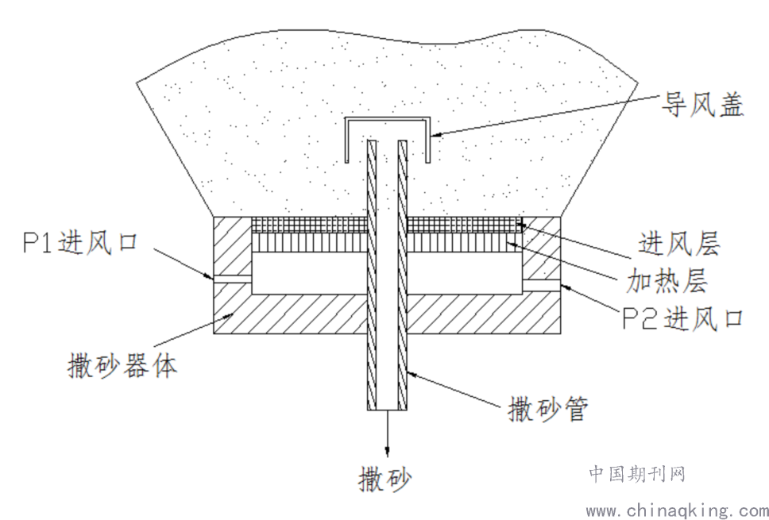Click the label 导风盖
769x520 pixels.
pos(704,105)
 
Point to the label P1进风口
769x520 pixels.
pos(80,241)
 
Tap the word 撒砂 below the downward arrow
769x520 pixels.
pos(386,479)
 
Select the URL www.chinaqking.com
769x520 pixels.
pos(676,509)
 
